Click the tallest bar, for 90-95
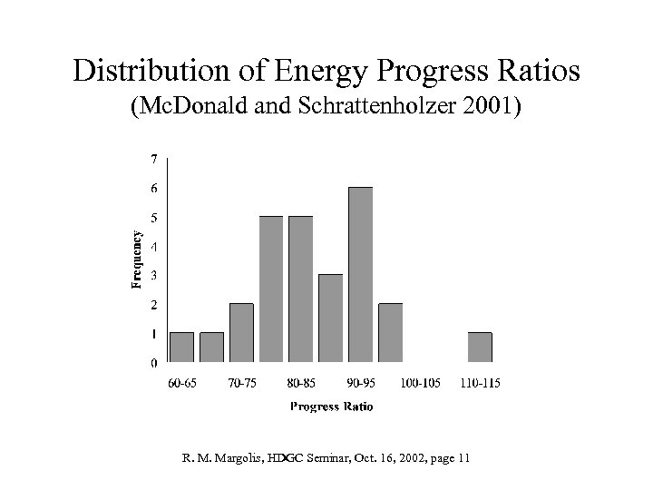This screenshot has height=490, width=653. click(x=360, y=275)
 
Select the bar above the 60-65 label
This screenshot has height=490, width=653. click(x=181, y=348)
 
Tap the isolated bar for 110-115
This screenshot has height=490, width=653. click(x=480, y=348)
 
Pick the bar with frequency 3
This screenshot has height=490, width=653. click(x=330, y=318)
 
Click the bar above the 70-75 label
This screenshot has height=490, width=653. click(x=241, y=333)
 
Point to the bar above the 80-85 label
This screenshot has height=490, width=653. click(x=300, y=289)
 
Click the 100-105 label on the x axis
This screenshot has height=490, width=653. click(x=420, y=383)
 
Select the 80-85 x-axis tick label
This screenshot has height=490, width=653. click(x=301, y=383)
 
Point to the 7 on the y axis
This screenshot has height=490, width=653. click(x=153, y=159)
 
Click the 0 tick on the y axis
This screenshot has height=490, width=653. click(x=153, y=363)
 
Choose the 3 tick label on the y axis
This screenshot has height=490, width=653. click(x=153, y=275)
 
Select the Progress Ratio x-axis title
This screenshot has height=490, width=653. click(x=331, y=407)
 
